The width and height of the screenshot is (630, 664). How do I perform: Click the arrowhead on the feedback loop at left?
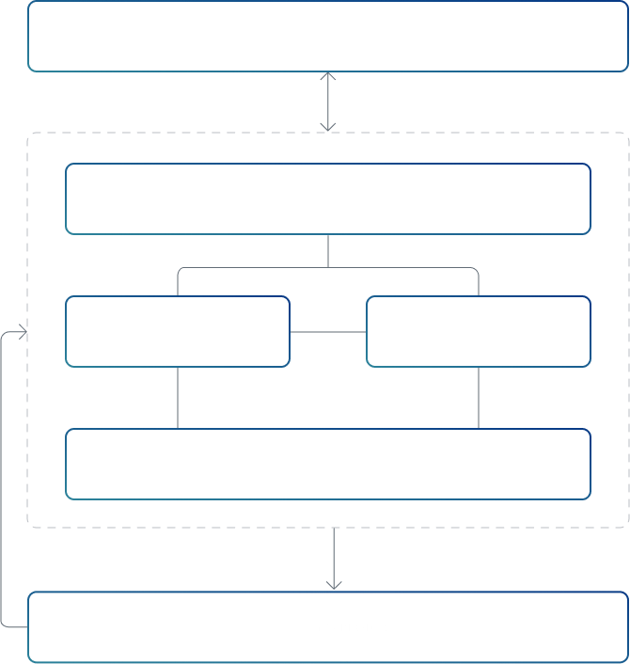(20, 332)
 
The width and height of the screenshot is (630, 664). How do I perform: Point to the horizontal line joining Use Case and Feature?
(327, 332)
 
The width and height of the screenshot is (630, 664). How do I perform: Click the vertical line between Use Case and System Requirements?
(178, 397)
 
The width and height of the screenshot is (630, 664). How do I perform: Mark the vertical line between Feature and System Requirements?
(479, 397)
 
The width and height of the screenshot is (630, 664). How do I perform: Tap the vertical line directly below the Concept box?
(328, 250)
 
